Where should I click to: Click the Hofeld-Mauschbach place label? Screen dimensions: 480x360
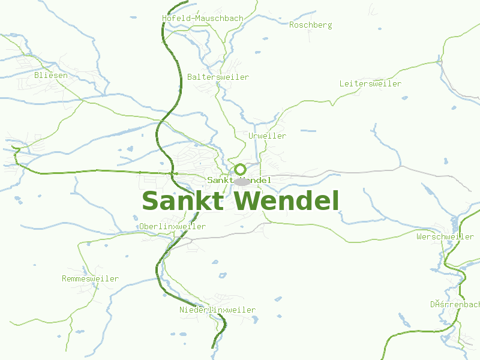[x=203, y=19]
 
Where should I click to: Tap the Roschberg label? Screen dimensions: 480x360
[x=311, y=25]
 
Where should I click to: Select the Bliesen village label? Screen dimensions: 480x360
[x=51, y=76]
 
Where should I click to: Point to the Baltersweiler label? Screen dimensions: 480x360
[x=218, y=77]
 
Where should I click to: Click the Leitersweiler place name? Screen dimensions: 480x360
[x=370, y=84]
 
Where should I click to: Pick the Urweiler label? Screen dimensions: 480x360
[x=267, y=136]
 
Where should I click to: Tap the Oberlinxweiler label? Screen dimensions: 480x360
[x=172, y=227]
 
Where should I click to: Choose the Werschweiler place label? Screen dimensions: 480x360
[x=445, y=237]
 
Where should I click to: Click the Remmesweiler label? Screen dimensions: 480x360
[x=90, y=279]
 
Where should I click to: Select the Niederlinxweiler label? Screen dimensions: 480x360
[x=217, y=310]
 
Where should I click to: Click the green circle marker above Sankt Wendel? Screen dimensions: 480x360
[x=240, y=169]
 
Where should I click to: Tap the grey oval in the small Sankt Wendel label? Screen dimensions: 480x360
[x=241, y=181]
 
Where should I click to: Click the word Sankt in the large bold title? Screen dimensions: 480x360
[x=182, y=202]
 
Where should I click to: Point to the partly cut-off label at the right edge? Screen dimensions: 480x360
[x=455, y=305]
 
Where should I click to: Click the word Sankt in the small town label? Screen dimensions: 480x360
[x=220, y=181]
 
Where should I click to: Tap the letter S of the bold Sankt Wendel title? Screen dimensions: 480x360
[x=151, y=202]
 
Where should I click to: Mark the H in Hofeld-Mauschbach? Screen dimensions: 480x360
[x=164, y=19]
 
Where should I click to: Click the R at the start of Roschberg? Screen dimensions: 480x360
[x=292, y=25]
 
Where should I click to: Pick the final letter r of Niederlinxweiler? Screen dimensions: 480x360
[x=253, y=310]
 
